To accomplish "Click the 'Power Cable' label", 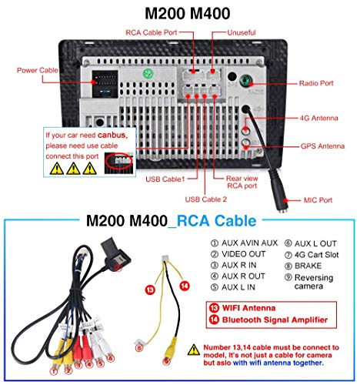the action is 38,70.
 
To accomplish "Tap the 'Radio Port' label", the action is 316,83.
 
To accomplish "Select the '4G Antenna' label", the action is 318,118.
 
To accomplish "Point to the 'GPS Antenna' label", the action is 322,146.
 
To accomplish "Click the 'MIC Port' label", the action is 318,200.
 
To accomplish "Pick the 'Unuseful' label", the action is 242,32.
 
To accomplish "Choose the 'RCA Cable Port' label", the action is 152,32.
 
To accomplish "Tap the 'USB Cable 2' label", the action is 206,199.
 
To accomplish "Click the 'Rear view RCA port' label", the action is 242,182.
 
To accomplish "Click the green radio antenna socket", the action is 245,81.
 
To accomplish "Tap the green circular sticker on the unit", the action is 148,74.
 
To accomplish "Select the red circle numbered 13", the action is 150,290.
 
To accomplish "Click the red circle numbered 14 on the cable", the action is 185,286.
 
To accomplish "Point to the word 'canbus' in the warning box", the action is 112,135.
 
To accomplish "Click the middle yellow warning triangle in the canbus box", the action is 73,169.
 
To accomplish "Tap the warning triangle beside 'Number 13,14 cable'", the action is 194,350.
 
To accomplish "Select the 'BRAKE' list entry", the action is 303,266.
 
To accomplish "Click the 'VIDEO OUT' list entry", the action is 238,254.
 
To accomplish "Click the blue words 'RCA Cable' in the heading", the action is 217,221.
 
